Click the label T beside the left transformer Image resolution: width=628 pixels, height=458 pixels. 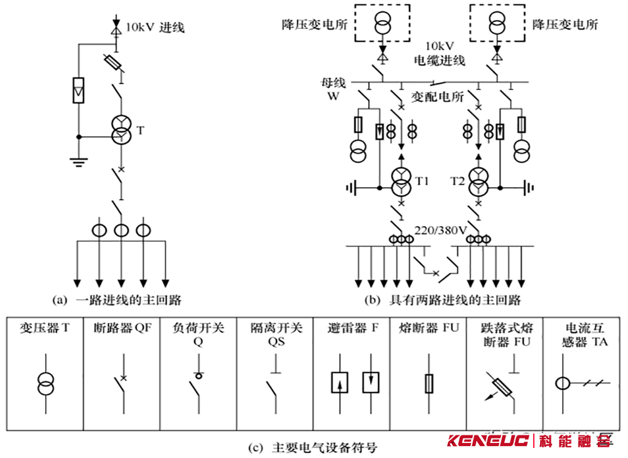[x=140, y=131]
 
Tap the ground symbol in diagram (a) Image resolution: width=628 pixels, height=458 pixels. [x=78, y=162]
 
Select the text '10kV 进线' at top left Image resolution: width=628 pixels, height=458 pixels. [x=155, y=28]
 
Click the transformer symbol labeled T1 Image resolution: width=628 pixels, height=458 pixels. [x=401, y=182]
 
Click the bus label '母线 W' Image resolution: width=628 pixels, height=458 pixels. [x=333, y=89]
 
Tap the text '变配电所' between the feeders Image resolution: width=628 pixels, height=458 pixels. [x=437, y=97]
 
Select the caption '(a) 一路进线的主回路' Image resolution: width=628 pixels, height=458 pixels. [x=117, y=300]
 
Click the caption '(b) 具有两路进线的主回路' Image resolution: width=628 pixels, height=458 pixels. [x=443, y=300]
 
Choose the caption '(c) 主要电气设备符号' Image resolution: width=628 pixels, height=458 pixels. [x=313, y=447]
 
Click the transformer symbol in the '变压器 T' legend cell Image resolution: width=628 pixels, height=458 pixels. [x=46, y=384]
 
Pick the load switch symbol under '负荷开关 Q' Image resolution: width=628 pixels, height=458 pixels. [x=197, y=384]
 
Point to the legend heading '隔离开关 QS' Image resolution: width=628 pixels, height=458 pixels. [x=276, y=334]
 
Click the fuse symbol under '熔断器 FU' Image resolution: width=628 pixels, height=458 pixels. [x=429, y=384]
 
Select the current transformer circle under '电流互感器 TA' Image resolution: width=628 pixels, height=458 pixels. [x=562, y=383]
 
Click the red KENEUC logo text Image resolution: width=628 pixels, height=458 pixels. [x=488, y=441]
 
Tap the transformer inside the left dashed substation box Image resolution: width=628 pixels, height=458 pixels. [x=382, y=23]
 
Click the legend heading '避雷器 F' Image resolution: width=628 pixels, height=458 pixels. [x=353, y=328]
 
